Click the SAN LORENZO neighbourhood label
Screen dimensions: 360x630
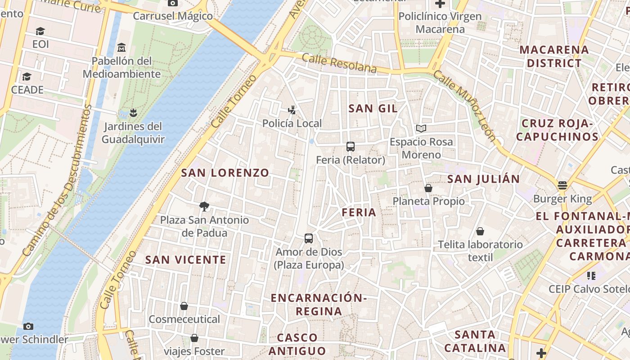(225, 173)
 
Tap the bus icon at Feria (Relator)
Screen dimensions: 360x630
(351, 147)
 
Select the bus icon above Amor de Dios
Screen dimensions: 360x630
(309, 238)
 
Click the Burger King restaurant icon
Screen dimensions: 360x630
(562, 185)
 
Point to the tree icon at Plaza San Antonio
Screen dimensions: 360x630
(204, 207)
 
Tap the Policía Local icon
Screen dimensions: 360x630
(292, 110)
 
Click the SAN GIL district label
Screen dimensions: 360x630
(373, 108)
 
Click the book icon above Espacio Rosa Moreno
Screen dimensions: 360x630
(421, 129)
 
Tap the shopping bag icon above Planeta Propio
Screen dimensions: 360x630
(428, 188)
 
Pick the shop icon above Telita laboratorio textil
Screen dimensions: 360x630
(480, 231)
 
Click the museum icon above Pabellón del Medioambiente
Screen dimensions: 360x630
(121, 47)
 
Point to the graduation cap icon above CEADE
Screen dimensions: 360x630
(27, 76)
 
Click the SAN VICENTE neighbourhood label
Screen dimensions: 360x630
(185, 260)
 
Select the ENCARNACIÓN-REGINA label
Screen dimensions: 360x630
(319, 304)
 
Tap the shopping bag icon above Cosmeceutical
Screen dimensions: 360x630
(184, 306)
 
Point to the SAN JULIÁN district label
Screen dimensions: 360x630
(483, 179)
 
